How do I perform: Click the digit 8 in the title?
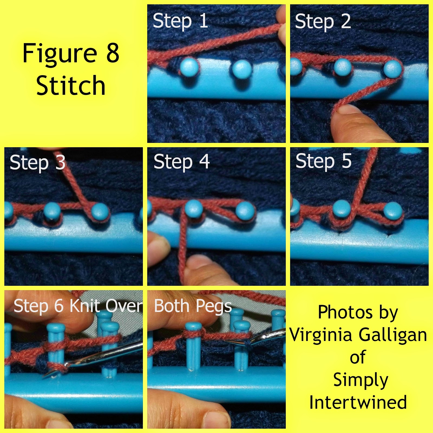click(x=113, y=53)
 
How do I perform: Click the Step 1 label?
click(x=181, y=21)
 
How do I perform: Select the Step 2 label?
click(x=323, y=21)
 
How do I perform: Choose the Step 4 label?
click(x=181, y=162)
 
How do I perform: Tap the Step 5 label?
click(x=323, y=161)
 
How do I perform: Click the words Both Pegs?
click(x=193, y=306)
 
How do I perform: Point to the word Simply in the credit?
click(x=361, y=380)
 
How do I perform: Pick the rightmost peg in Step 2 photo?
click(x=393, y=69)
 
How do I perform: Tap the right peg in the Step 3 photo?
click(x=100, y=211)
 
